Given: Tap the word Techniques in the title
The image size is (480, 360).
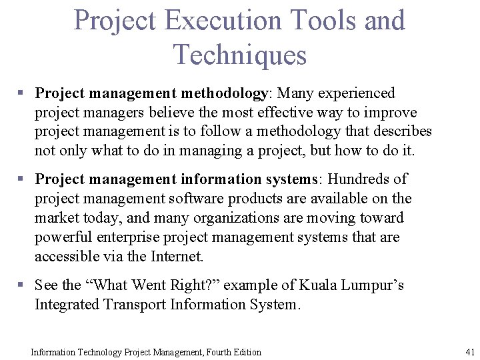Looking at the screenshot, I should (239, 54).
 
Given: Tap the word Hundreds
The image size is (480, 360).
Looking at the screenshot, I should (357, 179).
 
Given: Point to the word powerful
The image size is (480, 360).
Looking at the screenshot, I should (61, 237).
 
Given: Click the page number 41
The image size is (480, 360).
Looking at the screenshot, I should (469, 352).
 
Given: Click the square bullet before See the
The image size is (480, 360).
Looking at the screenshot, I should (21, 285).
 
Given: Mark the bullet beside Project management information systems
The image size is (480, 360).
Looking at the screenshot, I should (21, 179).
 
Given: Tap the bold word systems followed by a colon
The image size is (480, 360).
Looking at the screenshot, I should (289, 179).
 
